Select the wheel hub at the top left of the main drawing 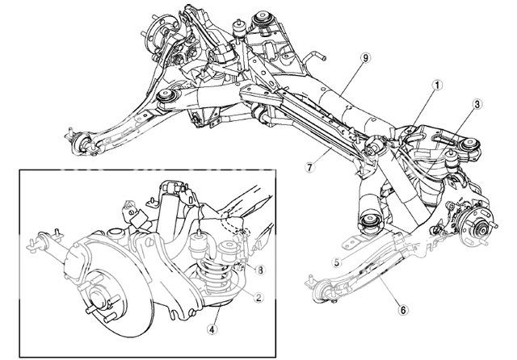click(156, 36)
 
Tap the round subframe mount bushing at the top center click(263, 17)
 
